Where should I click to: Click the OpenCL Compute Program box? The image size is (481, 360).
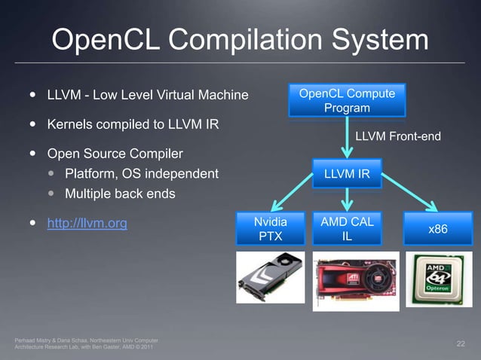pos(347,101)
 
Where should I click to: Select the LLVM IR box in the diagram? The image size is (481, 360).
pos(347,175)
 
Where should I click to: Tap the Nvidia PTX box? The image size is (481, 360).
pos(270,229)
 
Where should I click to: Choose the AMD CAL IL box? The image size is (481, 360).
pos(347,229)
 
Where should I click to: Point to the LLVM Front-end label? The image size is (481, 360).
pos(397,136)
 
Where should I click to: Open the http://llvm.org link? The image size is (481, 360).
pos(87,223)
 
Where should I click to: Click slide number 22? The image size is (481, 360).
pos(461,344)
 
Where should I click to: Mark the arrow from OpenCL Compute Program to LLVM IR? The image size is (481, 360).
pos(348,138)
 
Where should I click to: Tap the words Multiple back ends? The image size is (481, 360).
pos(120,194)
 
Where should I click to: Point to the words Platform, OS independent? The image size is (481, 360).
pos(142,174)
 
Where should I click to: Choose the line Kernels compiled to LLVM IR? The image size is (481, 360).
pos(133,124)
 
